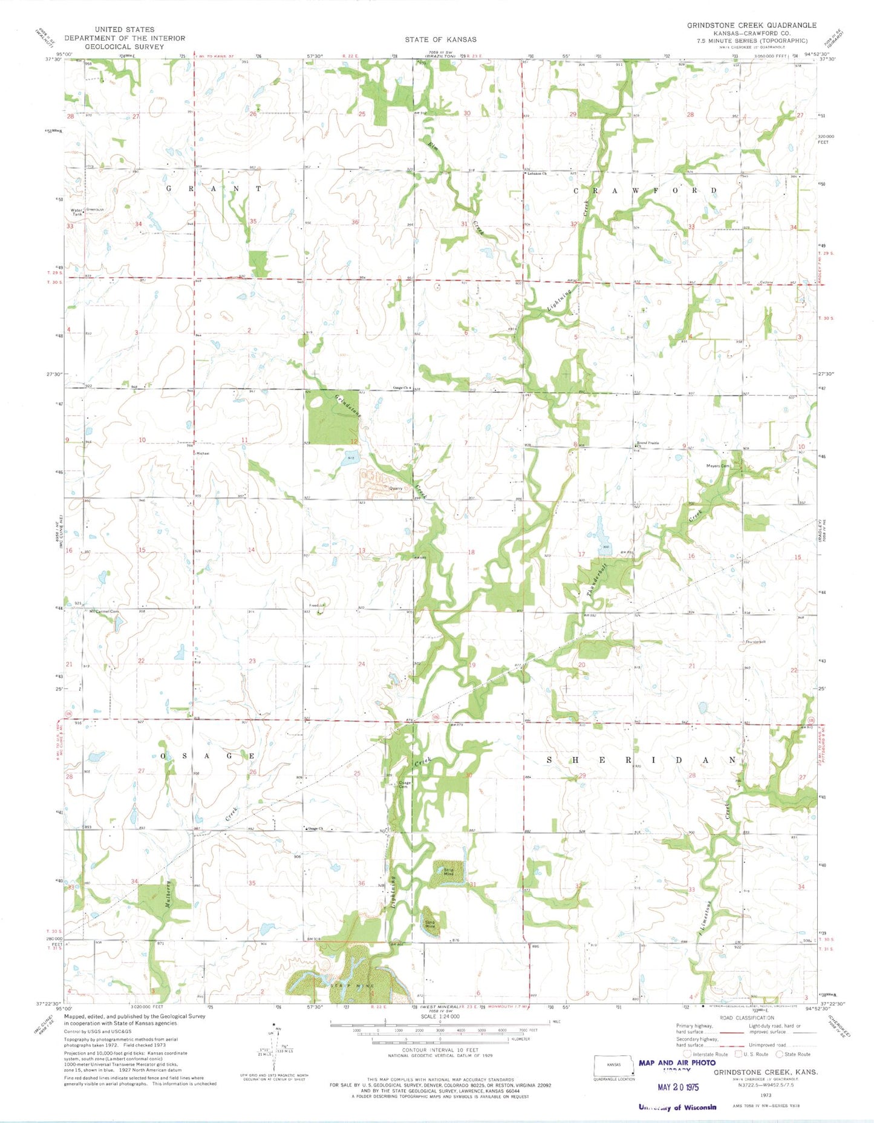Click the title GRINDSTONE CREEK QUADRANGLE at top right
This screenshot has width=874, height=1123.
click(751, 25)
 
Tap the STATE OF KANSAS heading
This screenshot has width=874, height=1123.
click(440, 39)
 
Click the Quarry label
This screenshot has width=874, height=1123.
click(396, 488)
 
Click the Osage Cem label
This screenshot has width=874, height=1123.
click(403, 785)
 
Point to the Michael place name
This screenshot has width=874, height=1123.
click(203, 453)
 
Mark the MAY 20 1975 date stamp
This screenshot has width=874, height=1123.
click(677, 1087)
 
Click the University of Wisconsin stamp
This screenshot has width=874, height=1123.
click(677, 1107)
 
